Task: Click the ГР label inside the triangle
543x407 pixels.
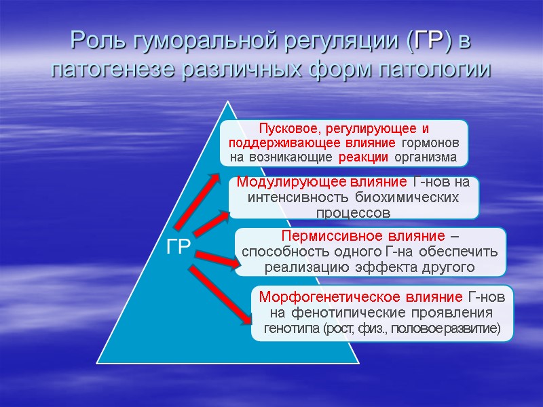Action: [179, 247]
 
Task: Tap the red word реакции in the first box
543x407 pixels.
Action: [362, 157]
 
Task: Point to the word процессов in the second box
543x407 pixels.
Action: [353, 212]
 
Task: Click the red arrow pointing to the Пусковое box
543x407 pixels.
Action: [204, 201]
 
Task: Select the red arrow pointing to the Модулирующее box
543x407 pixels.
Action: [212, 224]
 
